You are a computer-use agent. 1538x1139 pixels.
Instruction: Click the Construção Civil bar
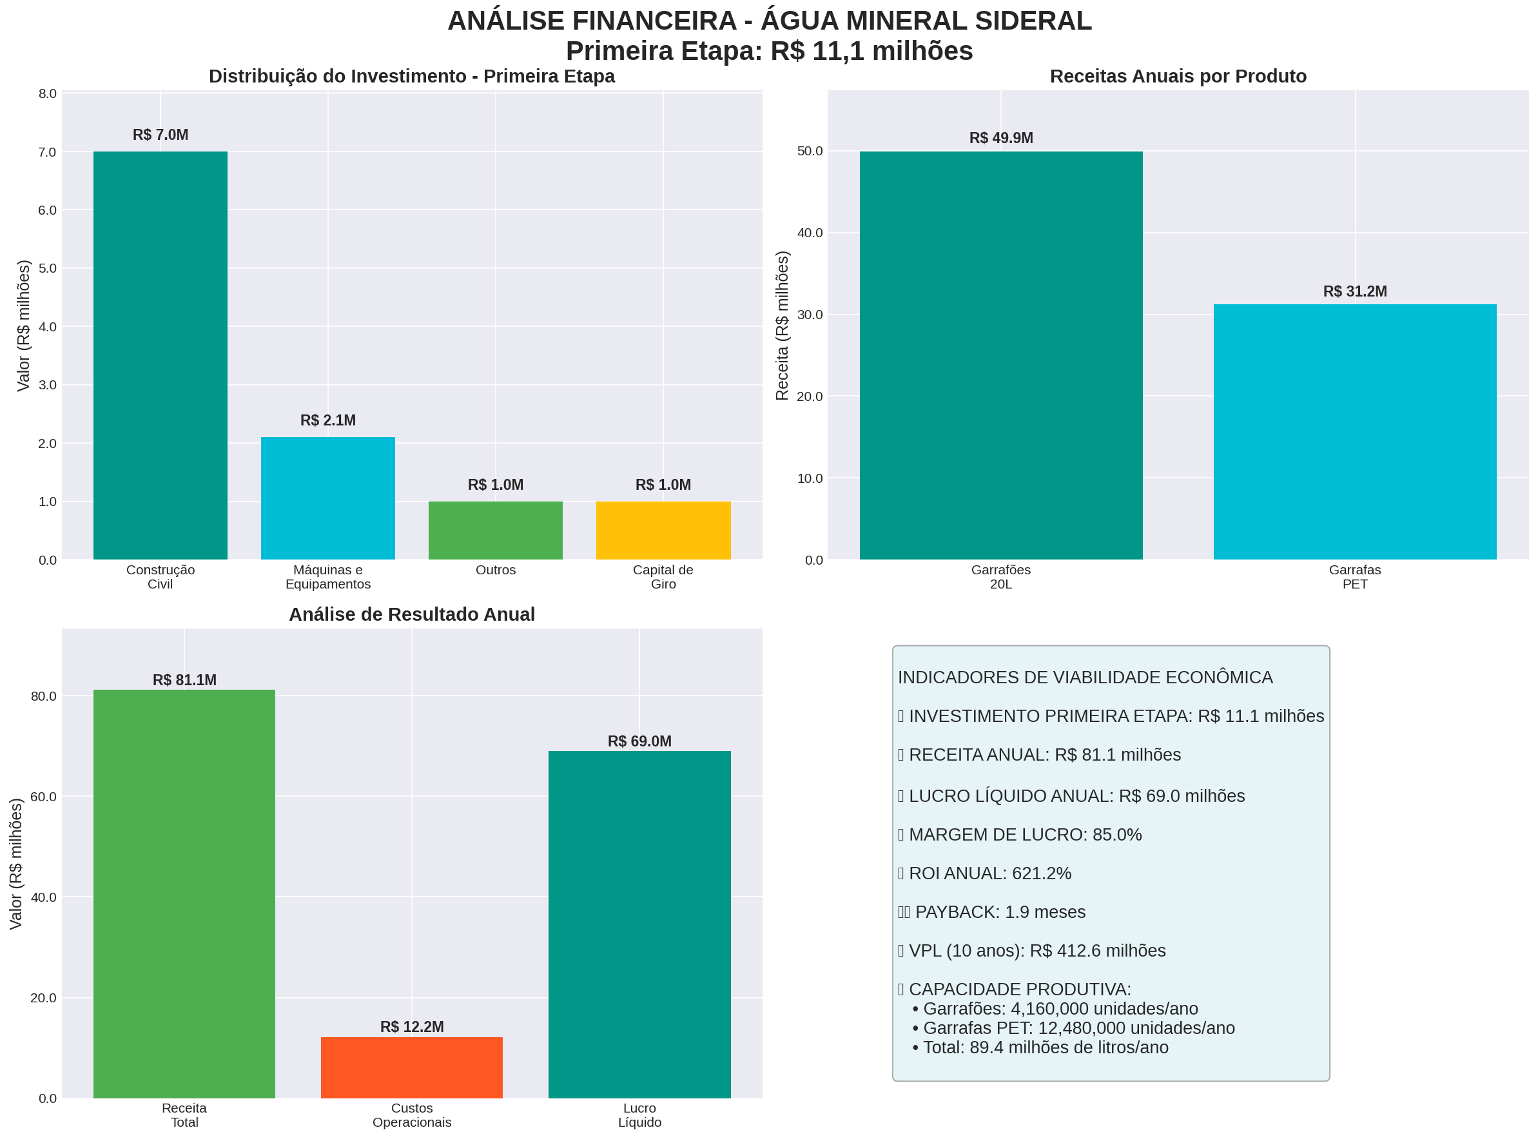[160, 355]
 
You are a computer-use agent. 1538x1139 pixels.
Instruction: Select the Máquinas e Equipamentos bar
[327, 498]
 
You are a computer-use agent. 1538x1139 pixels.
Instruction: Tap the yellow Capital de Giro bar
[663, 531]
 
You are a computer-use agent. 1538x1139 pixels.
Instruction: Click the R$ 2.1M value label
[327, 420]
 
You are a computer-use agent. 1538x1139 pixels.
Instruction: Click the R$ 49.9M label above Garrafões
[1000, 138]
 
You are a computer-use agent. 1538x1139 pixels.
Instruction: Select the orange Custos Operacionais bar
[411, 1067]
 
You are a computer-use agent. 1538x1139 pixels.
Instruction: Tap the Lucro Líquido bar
[639, 924]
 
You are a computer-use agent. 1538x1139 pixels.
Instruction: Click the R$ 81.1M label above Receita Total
[184, 680]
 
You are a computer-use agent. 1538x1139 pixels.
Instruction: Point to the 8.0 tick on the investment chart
[48, 93]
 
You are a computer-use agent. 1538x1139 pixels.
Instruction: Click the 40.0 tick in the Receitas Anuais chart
[810, 233]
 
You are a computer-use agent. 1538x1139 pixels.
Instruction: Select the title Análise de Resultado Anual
[411, 614]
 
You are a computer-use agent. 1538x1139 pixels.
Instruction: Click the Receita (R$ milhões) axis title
[782, 326]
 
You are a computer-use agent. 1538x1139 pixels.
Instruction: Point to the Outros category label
[495, 570]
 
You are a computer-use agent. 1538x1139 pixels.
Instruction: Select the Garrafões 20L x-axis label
[1000, 576]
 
